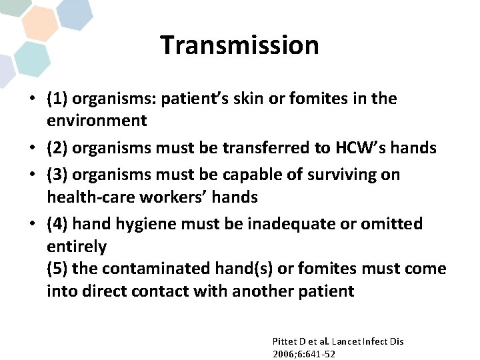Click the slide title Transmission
239,45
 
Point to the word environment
96,121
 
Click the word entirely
76,247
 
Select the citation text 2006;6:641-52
303,354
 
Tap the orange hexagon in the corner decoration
39,23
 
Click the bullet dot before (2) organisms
32,148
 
